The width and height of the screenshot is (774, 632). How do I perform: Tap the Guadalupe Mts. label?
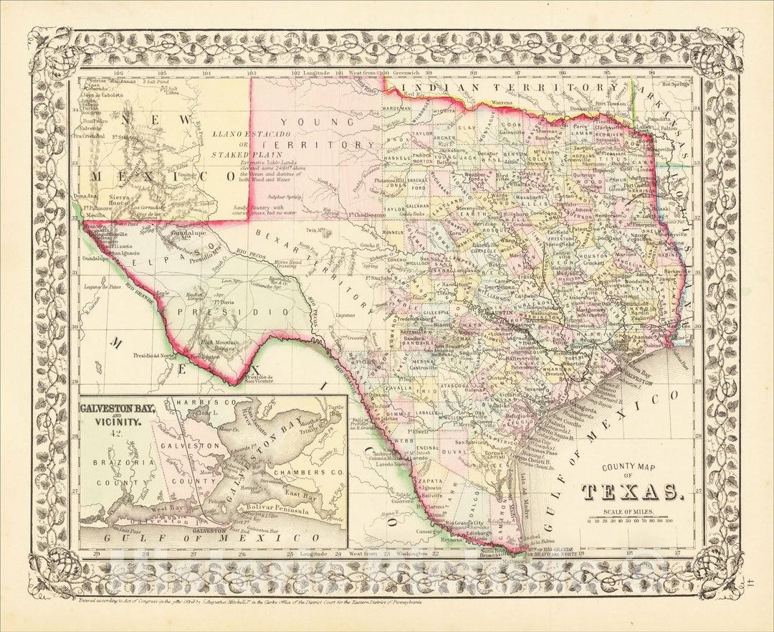189,236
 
